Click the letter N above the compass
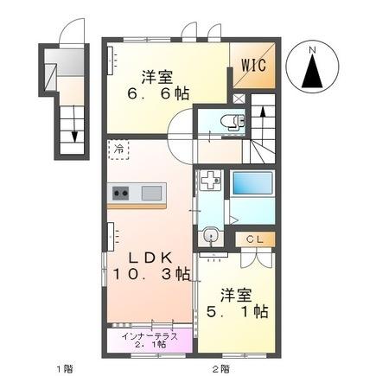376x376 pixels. click(x=314, y=49)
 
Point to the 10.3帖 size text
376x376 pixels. click(x=147, y=274)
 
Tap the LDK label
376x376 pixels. click(x=148, y=257)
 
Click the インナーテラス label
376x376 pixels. click(x=150, y=335)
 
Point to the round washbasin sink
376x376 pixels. click(x=208, y=234)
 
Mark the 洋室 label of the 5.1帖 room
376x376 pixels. click(x=236, y=293)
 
